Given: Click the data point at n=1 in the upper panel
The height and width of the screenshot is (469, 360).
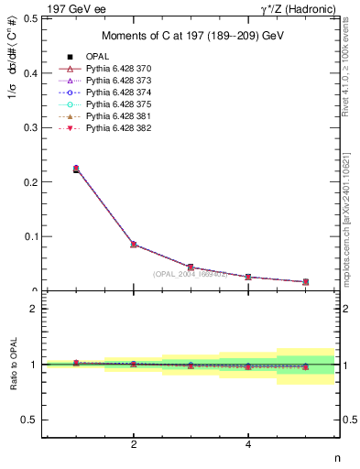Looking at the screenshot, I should (x=76, y=169).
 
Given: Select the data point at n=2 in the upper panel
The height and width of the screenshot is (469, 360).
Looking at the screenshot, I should (x=134, y=245).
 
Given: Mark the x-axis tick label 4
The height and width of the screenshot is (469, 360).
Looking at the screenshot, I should (x=248, y=445).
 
